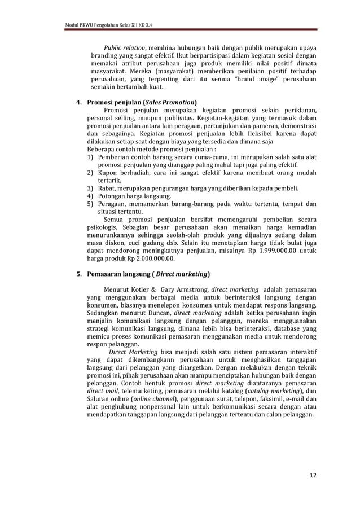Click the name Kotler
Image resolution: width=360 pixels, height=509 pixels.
[x=140, y=291]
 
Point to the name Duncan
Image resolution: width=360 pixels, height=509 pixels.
[x=159, y=314]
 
